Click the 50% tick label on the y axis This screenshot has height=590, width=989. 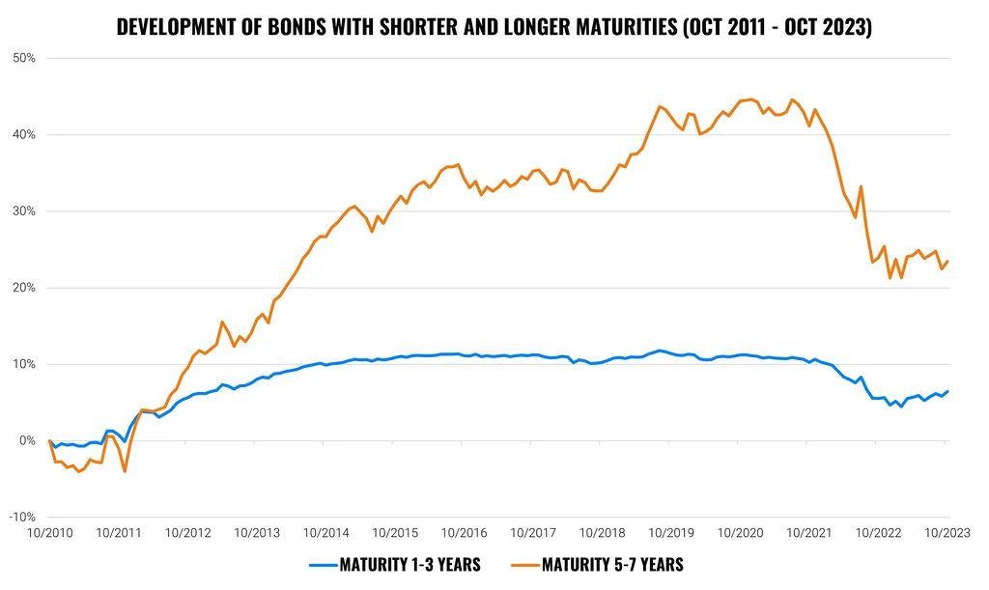[23, 58]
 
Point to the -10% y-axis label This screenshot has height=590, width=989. [22, 517]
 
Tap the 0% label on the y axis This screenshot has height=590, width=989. [27, 440]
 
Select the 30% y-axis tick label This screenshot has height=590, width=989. [23, 211]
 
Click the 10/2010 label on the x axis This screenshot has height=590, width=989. [50, 533]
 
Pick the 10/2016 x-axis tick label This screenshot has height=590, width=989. [465, 533]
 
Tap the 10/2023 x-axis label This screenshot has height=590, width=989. [947, 533]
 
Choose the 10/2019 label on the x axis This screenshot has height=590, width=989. [671, 533]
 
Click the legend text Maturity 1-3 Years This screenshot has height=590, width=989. [410, 565]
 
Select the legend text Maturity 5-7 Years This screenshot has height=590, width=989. [612, 565]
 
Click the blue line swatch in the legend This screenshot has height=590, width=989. [324, 566]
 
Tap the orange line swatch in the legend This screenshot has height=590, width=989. [526, 566]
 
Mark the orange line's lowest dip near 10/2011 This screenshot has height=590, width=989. [125, 471]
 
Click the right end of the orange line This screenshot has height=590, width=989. [947, 262]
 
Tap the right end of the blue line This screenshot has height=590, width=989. [947, 391]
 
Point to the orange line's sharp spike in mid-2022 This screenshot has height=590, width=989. [861, 186]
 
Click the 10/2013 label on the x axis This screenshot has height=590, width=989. [257, 533]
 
